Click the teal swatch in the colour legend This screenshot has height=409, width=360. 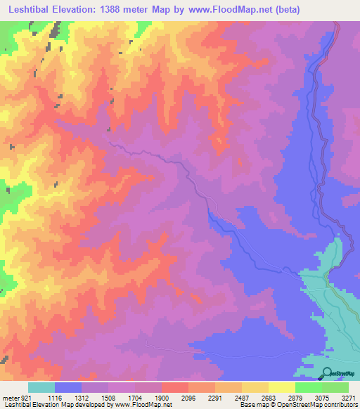[x=41, y=387]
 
